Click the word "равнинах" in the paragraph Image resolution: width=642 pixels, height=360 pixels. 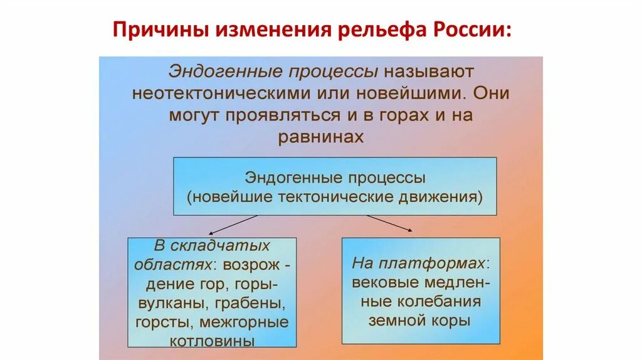pyautogui.click(x=321, y=137)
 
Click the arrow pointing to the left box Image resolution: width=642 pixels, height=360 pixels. pyautogui.click(x=236, y=224)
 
